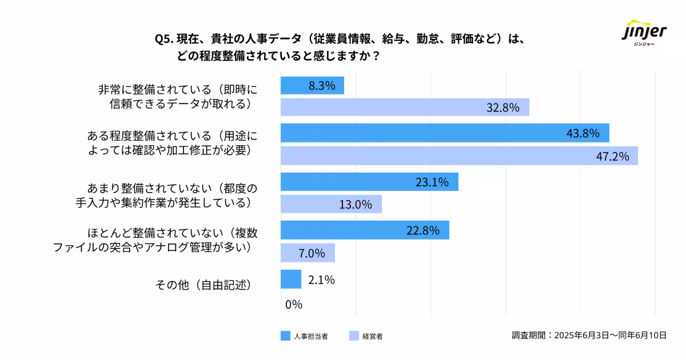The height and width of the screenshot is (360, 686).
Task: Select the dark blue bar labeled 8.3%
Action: tap(312, 86)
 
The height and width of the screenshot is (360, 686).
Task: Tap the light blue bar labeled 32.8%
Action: tap(405, 107)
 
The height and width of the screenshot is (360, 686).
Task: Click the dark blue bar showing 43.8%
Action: tap(445, 133)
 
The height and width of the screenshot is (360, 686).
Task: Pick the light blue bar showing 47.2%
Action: tap(459, 156)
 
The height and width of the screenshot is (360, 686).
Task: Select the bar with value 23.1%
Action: tap(369, 182)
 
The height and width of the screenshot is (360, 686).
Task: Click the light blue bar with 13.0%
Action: tap(331, 204)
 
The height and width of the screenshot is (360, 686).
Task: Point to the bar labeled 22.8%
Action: tap(365, 230)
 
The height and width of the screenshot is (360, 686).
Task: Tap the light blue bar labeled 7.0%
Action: tap(308, 253)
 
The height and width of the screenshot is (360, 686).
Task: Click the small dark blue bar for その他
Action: tap(291, 279)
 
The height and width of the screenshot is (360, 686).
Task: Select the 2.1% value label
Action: tap(321, 280)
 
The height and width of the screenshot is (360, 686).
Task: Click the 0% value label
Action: tap(293, 305)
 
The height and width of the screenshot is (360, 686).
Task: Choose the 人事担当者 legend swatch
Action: tap(286, 336)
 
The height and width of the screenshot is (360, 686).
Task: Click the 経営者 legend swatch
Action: tap(353, 336)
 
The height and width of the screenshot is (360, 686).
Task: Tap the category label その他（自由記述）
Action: tap(204, 285)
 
